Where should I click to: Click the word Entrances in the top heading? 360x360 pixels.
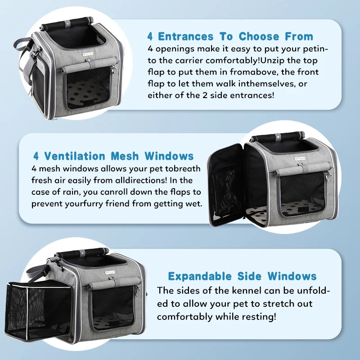click(x=185, y=36)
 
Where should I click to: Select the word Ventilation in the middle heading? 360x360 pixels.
click(x=75, y=156)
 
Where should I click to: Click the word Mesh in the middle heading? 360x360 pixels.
click(x=125, y=156)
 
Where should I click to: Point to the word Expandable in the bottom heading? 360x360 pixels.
click(x=200, y=276)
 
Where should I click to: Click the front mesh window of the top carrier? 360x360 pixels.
click(x=88, y=87)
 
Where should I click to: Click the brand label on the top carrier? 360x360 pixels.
click(x=88, y=54)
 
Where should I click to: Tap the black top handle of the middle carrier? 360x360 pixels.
click(x=278, y=138)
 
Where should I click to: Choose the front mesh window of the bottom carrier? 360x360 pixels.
click(x=112, y=308)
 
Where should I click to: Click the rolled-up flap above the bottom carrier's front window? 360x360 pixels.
click(x=114, y=283)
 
